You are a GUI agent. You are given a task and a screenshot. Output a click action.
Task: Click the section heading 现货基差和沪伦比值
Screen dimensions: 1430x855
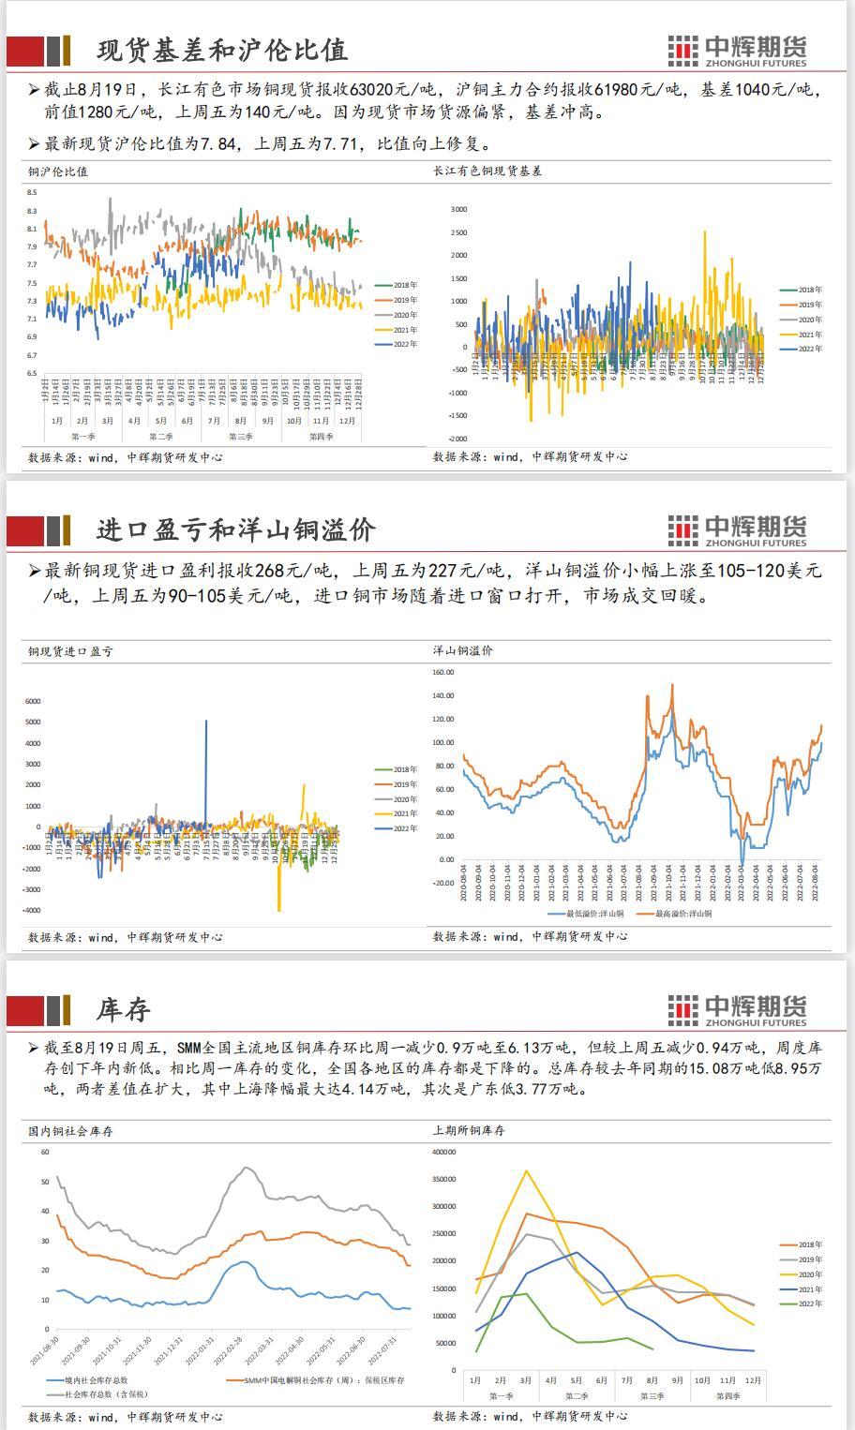point(222,50)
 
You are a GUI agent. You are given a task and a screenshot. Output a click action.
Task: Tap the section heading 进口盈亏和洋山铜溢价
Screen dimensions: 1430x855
point(236,530)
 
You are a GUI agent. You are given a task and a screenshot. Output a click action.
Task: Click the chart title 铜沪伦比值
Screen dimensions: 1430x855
point(58,171)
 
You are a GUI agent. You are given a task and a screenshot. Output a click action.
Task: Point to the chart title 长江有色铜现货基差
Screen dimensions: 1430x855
point(487,171)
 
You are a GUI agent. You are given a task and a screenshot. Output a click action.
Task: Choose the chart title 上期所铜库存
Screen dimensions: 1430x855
point(469,1131)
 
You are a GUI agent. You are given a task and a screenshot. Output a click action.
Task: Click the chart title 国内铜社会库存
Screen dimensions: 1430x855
point(70,1131)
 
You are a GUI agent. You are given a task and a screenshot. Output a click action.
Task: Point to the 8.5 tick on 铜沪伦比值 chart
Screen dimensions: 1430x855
point(32,193)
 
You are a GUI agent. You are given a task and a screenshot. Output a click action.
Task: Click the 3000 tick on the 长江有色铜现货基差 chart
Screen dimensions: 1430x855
point(458,209)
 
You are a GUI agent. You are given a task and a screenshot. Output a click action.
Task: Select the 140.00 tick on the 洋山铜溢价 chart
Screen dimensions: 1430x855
point(443,696)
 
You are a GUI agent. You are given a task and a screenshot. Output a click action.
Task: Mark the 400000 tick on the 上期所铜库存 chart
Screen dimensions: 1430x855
point(444,1153)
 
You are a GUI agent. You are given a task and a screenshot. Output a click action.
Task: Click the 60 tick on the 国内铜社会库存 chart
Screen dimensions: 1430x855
point(44,1153)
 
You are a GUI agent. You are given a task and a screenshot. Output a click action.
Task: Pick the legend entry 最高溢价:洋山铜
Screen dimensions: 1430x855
point(682,914)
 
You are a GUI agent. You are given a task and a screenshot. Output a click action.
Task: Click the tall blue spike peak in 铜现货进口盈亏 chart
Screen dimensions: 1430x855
point(206,722)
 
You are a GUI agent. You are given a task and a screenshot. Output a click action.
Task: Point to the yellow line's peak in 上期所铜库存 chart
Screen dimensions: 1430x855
point(527,1171)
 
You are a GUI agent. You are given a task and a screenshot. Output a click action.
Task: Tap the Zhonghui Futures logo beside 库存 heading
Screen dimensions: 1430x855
point(737,1009)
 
